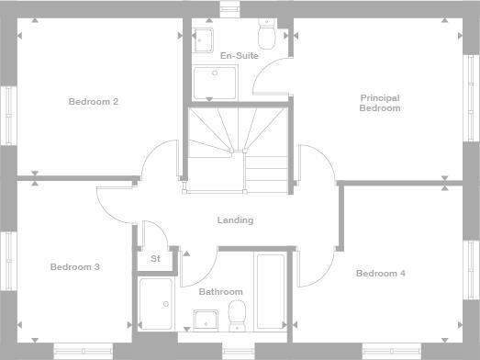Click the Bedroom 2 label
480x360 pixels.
click(x=93, y=101)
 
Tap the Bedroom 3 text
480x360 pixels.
click(x=74, y=267)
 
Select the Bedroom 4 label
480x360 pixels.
click(x=380, y=273)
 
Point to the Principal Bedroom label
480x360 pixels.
click(x=380, y=103)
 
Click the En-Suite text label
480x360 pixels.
click(x=239, y=56)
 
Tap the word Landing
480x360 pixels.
click(x=235, y=220)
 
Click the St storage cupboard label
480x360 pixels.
click(x=155, y=259)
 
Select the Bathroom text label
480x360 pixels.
click(x=220, y=291)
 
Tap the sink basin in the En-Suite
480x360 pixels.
click(x=204, y=39)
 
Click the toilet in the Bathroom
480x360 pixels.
click(x=237, y=313)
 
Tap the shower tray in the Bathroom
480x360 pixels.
click(x=155, y=304)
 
